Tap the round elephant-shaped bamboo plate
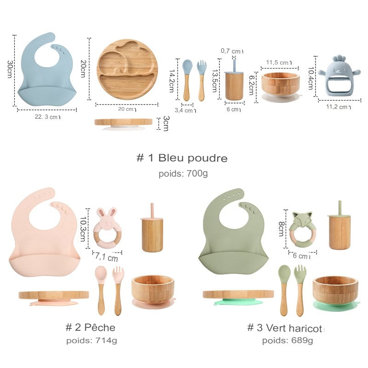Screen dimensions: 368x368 [x=127, y=70]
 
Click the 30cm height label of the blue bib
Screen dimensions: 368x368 [x=10, y=69]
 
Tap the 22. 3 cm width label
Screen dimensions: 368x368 [x=48, y=117]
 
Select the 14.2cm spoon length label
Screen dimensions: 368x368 [x=172, y=81]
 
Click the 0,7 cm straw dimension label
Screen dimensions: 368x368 [x=232, y=51]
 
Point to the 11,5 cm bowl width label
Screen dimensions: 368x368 [x=279, y=63]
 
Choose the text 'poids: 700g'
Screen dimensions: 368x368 [x=183, y=174]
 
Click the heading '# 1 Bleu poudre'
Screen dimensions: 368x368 [x=182, y=158]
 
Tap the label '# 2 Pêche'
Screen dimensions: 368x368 [x=90, y=328]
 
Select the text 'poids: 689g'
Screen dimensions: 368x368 [x=287, y=340]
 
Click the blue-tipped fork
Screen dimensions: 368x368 [x=201, y=80]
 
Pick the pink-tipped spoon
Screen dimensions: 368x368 [x=101, y=290]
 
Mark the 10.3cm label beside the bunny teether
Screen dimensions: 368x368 [x=83, y=229]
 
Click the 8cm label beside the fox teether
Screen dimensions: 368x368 [x=281, y=229]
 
